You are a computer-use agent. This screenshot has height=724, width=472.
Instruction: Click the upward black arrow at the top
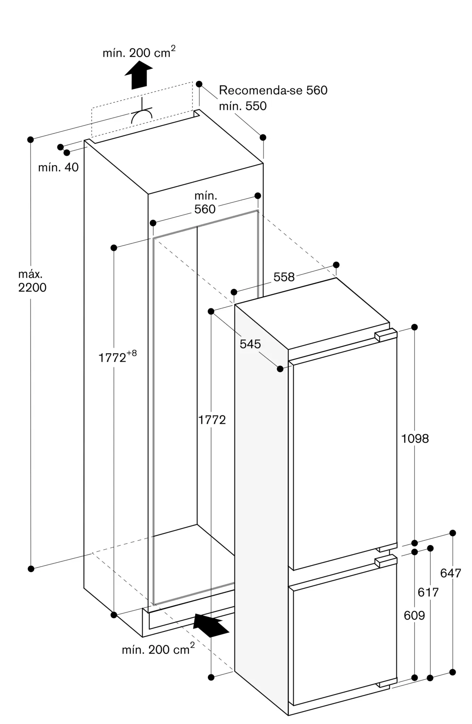[x=139, y=75]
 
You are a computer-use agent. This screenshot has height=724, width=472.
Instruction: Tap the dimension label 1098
[x=415, y=438]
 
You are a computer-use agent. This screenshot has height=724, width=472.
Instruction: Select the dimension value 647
[x=451, y=573]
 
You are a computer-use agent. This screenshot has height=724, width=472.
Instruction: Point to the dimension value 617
[x=428, y=592]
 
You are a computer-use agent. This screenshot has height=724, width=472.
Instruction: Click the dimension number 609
[x=414, y=615]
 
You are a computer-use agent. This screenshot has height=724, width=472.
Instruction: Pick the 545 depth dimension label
[x=250, y=344]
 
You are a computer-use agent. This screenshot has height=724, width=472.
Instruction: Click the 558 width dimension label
[x=284, y=277]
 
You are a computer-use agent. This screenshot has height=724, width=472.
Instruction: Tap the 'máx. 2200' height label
[x=32, y=281]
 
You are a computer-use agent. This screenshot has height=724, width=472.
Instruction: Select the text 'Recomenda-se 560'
[x=273, y=90]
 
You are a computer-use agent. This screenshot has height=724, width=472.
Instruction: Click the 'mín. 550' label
[x=243, y=106]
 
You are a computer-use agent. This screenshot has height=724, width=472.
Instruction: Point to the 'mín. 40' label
[x=58, y=167]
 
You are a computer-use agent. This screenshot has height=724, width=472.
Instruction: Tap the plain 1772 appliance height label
[x=212, y=420]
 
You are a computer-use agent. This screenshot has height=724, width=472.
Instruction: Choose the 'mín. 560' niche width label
[x=205, y=203]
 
